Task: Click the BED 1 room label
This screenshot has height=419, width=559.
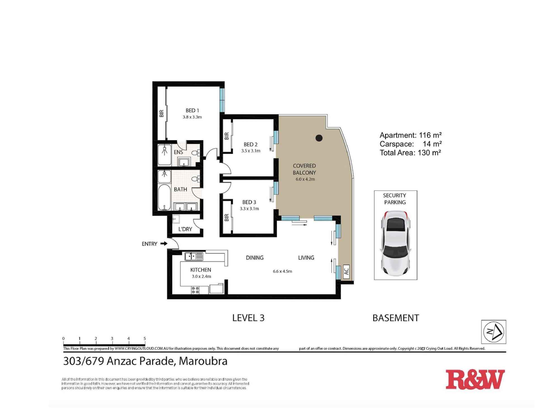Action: (x=192, y=111)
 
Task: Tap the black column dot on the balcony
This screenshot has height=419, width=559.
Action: (x=319, y=138)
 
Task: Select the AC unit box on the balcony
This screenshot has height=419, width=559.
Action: (x=346, y=271)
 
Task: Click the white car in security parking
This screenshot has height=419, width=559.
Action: (x=395, y=242)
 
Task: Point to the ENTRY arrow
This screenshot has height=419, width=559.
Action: (x=164, y=244)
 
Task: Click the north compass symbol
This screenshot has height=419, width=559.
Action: (x=494, y=332)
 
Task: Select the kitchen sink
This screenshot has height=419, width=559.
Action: (x=194, y=256)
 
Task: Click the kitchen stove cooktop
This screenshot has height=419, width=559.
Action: (x=195, y=290)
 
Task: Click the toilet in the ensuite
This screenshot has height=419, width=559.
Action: (x=195, y=153)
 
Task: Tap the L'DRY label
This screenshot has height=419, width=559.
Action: (x=185, y=229)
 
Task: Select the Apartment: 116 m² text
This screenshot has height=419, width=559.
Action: (x=410, y=135)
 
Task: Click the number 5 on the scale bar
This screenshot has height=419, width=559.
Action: (x=145, y=339)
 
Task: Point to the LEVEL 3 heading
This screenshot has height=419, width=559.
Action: (x=248, y=318)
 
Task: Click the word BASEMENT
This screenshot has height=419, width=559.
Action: (x=395, y=318)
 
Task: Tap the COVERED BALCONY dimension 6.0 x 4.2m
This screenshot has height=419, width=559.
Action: (x=305, y=179)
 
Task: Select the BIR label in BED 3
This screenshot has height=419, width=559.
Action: (x=226, y=217)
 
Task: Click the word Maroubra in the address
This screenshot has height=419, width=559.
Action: (x=203, y=361)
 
